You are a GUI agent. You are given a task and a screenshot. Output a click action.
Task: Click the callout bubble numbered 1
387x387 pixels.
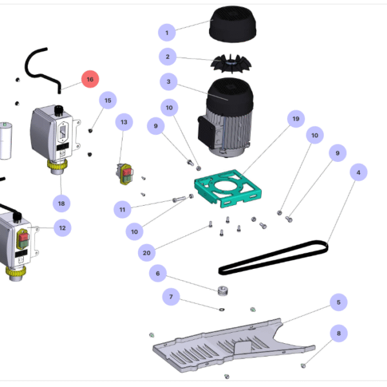coord(167,32)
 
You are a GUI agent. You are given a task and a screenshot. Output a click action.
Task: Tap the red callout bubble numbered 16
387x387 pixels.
coord(90,79)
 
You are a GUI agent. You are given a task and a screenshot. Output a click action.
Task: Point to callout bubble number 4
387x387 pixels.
coord(359,173)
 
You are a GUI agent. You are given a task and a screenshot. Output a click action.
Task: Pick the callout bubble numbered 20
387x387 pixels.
coord(146,253)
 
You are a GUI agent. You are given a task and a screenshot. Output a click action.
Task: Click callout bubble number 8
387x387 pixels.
coord(337,333)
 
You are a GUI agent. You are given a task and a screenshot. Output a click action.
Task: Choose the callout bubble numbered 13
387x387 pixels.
coord(124,121)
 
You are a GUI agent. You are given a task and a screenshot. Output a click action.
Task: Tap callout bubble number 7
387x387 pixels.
coord(171,297)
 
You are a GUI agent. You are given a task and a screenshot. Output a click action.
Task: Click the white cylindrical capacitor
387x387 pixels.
coord(6,138)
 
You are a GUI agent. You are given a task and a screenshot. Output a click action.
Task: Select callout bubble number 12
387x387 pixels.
coord(62,228)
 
